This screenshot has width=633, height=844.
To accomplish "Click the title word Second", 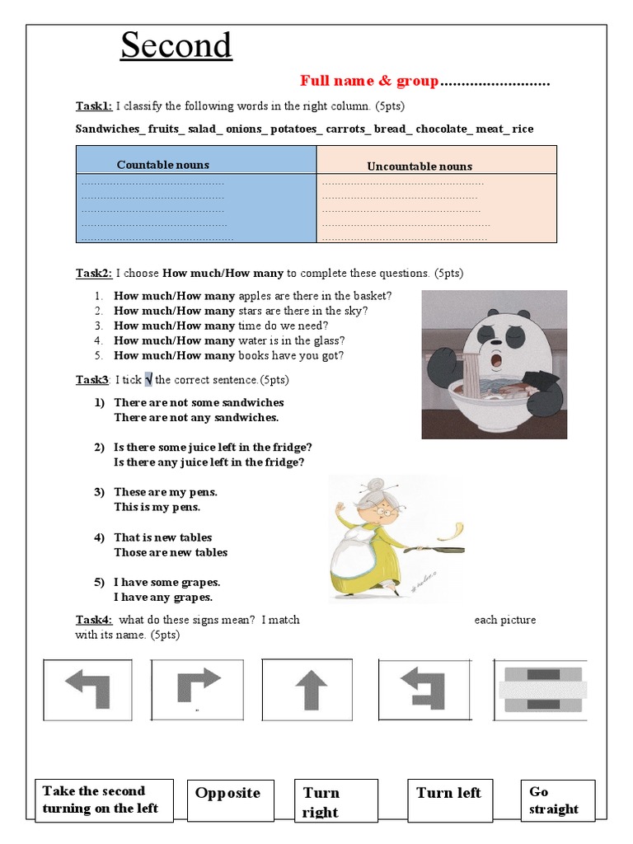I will click(x=176, y=45).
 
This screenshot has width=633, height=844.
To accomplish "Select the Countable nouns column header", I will click(x=163, y=165).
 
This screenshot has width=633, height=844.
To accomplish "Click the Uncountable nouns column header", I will click(x=420, y=166).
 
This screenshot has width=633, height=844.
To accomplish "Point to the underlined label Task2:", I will click(x=93, y=273).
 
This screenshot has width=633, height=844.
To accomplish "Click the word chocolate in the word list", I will click(x=440, y=129).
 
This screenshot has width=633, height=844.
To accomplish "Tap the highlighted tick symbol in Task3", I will click(x=148, y=380).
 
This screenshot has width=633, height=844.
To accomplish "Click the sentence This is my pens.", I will click(x=157, y=507).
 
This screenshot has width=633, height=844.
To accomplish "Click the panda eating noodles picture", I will click(x=495, y=363).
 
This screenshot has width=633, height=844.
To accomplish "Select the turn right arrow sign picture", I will click(x=198, y=686).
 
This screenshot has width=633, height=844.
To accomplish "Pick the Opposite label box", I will click(x=227, y=794).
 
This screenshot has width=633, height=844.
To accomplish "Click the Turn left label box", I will click(x=449, y=794).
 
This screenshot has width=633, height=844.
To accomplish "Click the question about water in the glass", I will click(x=229, y=340).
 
